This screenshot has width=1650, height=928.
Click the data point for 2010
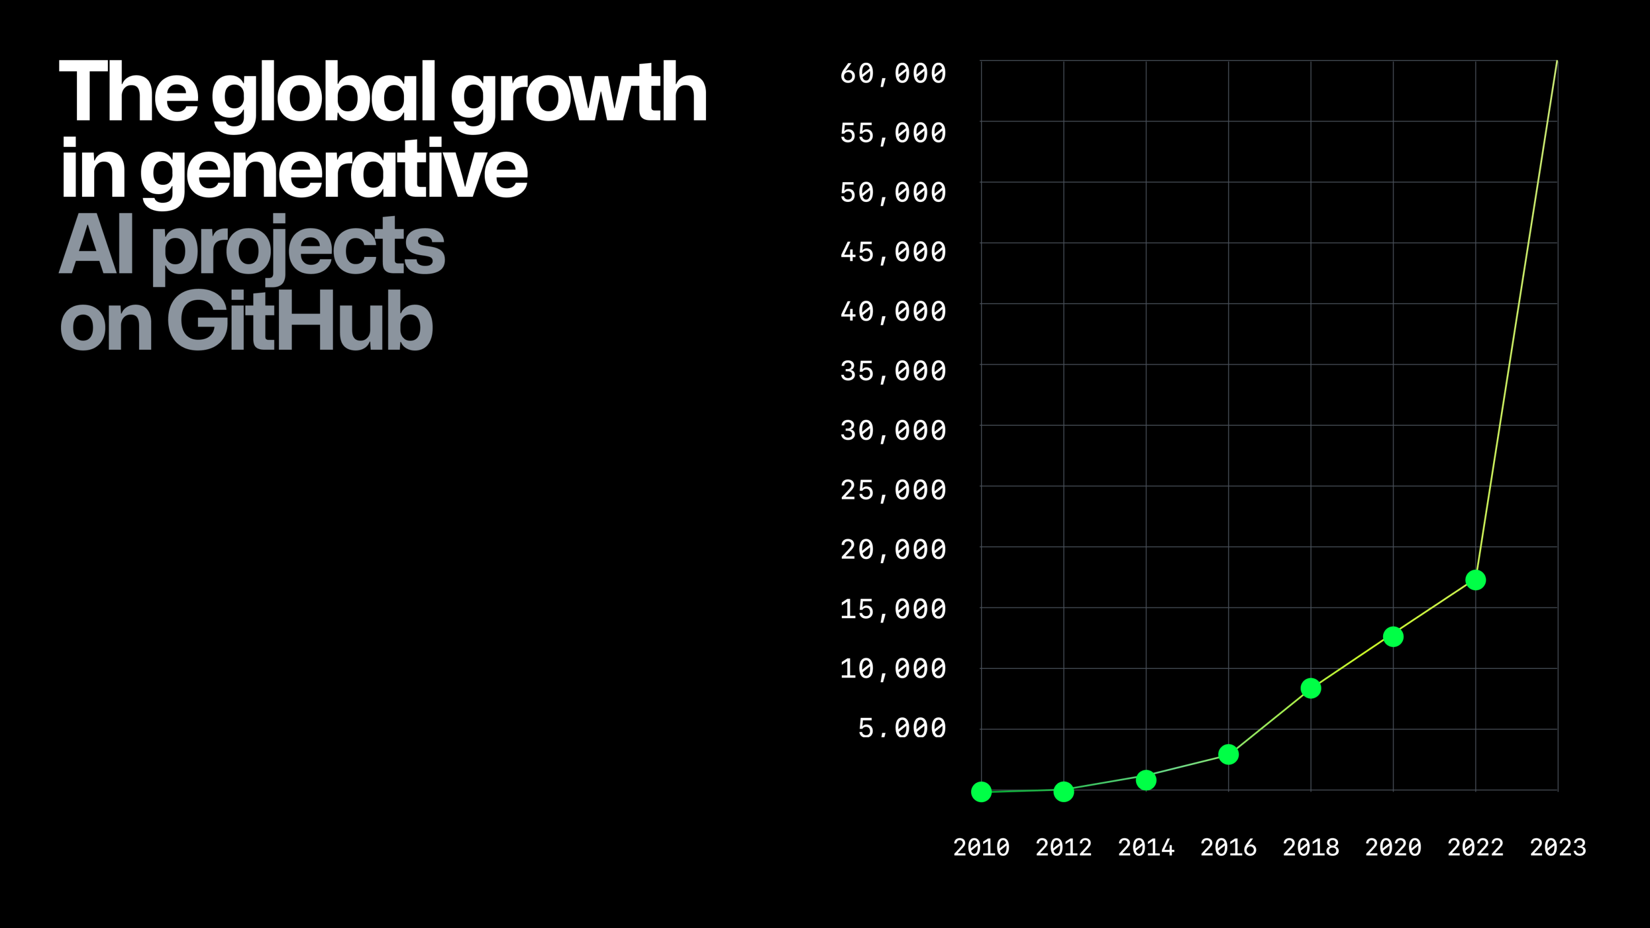tap(982, 792)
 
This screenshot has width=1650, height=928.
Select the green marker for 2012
tap(1064, 792)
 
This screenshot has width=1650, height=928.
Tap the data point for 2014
tap(1146, 780)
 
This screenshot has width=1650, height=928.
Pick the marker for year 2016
tap(1229, 754)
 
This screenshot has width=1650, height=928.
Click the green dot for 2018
tap(1311, 689)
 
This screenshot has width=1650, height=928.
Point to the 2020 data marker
tap(1393, 636)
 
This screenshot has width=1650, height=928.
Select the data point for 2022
tap(1476, 580)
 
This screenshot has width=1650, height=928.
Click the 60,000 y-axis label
tap(893, 73)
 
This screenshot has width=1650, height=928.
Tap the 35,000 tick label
tap(893, 371)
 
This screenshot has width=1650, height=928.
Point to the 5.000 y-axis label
tap(902, 728)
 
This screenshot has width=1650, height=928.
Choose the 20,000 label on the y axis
tap(893, 550)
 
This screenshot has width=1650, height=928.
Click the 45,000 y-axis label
tap(893, 252)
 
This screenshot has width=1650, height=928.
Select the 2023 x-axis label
tap(1558, 847)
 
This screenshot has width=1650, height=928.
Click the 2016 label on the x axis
tap(1228, 847)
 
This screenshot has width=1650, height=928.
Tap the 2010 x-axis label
tap(982, 847)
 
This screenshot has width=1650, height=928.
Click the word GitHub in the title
tap(300, 320)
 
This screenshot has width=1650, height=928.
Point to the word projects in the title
tap(298, 246)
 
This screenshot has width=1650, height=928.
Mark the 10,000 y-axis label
tap(893, 668)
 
